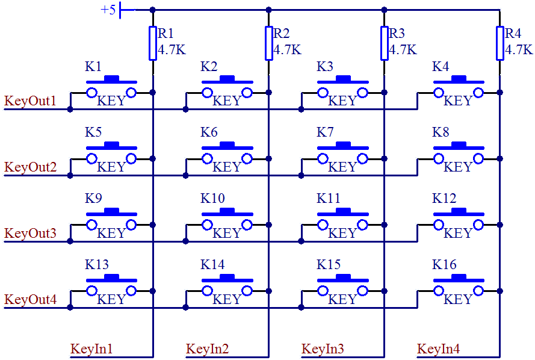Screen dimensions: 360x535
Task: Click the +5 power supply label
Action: [108, 10]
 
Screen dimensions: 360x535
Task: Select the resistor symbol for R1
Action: [153, 43]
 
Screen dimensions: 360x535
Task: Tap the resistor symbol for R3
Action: [384, 43]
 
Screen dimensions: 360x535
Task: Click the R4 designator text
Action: [513, 33]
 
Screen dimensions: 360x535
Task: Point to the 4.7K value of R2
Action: [287, 50]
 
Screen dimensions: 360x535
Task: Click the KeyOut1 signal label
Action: [31, 101]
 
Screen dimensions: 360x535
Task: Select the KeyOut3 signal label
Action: [31, 233]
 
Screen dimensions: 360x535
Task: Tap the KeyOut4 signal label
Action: [31, 299]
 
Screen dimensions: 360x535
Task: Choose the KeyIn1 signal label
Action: [92, 349]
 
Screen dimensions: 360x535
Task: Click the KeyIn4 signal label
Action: [439, 349]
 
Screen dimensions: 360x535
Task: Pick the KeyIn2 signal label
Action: [208, 349]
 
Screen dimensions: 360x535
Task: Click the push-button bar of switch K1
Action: [111, 79]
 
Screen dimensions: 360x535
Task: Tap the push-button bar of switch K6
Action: [227, 146]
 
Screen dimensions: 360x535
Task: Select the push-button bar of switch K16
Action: [458, 278]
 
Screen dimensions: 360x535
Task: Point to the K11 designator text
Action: [329, 199]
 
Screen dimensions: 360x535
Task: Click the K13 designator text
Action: [97, 265]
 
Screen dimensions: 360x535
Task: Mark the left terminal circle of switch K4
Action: [439, 92]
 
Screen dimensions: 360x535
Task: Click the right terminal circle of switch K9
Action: [131, 225]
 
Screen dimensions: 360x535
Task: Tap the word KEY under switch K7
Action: [342, 167]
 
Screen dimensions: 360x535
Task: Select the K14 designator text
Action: [212, 265]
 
